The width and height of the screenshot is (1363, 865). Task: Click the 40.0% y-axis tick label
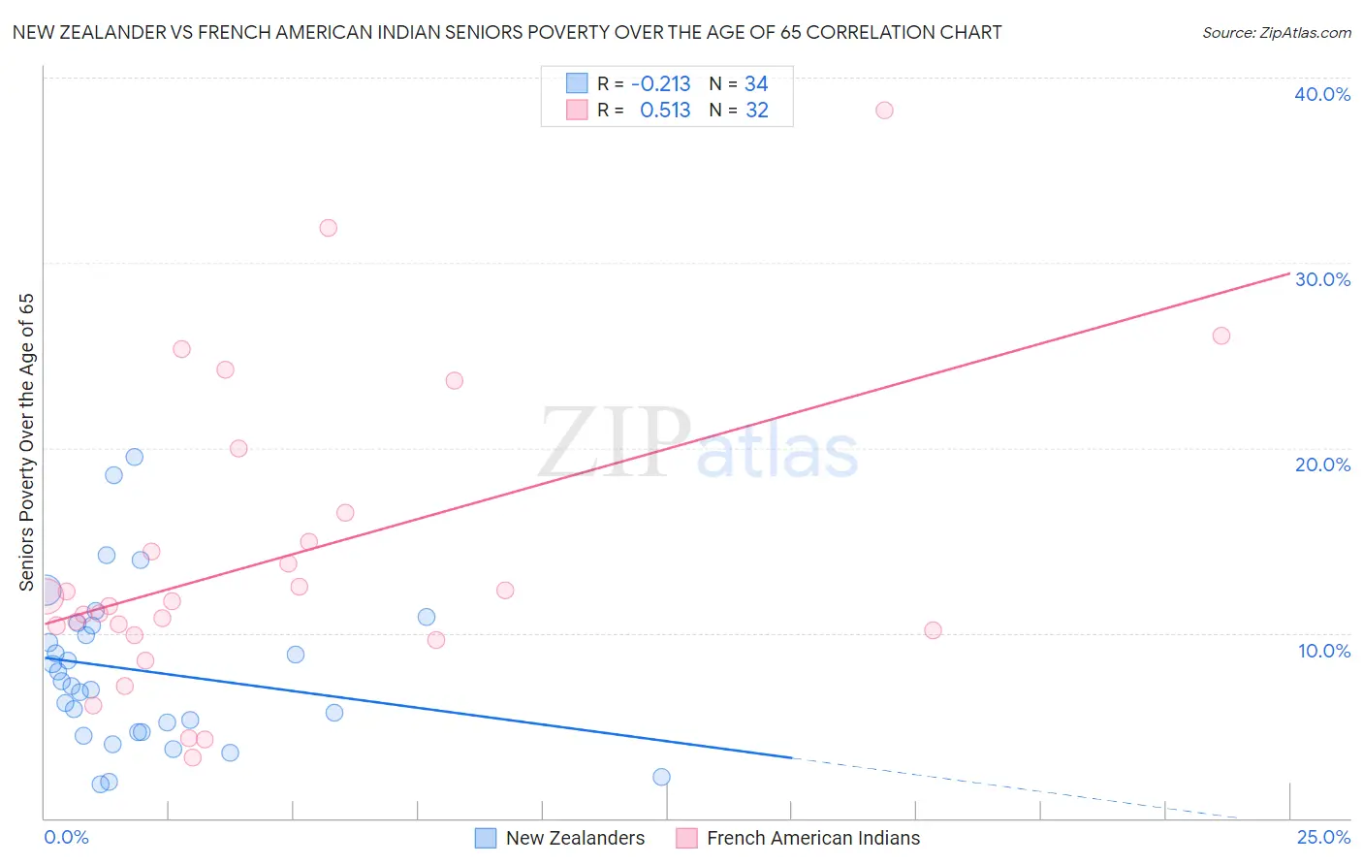(x=1321, y=94)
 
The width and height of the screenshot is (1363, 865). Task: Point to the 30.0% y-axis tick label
(x=1321, y=279)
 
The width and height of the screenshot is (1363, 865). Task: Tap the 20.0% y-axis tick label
(x=1321, y=465)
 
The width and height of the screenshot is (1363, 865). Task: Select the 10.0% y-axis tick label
(x=1323, y=651)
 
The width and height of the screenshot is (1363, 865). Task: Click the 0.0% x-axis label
(x=66, y=837)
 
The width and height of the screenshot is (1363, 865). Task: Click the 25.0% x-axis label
(x=1322, y=837)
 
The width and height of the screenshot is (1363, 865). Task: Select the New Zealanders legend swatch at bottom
(x=486, y=838)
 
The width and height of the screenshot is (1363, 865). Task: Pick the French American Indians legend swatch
(x=686, y=838)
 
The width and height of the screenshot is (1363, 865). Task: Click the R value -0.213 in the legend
(x=660, y=84)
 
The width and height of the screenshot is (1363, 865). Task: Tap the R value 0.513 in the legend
(x=665, y=111)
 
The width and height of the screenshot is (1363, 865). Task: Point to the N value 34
(x=756, y=84)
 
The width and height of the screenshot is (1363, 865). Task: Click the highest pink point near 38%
(x=884, y=110)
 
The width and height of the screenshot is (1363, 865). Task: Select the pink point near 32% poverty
(x=328, y=228)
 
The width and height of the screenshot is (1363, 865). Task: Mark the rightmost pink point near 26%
(x=1221, y=336)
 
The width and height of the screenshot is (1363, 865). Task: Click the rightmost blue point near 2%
(x=661, y=777)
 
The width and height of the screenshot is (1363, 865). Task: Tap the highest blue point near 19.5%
(x=135, y=457)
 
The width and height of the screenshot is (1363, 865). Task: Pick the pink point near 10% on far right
(x=933, y=630)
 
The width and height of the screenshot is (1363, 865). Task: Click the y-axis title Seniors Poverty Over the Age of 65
(x=26, y=441)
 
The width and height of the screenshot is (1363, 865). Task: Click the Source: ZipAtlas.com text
(x=1276, y=33)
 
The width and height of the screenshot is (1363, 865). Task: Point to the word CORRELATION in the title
(x=872, y=32)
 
